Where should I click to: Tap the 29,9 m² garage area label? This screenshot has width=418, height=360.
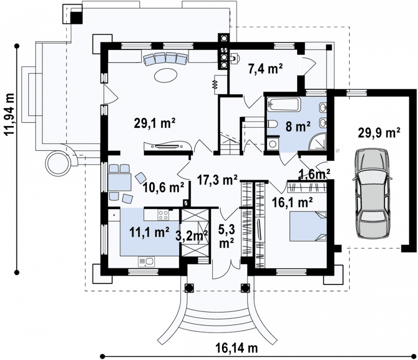pyautogui.click(x=379, y=133)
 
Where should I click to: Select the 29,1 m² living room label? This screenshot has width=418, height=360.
pyautogui.click(x=155, y=123)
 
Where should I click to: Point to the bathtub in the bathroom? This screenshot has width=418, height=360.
pyautogui.click(x=284, y=104)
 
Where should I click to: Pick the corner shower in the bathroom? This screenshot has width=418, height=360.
pyautogui.click(x=318, y=141)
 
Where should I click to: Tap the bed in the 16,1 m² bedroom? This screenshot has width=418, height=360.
pyautogui.click(x=308, y=226)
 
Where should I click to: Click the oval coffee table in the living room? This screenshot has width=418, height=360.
pyautogui.click(x=165, y=75)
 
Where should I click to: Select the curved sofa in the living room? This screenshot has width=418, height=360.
pyautogui.click(x=165, y=59)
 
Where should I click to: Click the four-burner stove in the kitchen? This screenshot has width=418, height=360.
pyautogui.click(x=163, y=215)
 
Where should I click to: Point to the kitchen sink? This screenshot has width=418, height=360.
pyautogui.click(x=146, y=262)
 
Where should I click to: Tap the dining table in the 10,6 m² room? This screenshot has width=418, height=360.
pyautogui.click(x=119, y=182)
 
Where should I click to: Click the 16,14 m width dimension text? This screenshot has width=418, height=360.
pyautogui.click(x=236, y=348)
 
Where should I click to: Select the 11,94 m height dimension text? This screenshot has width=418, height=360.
pyautogui.click(x=10, y=114)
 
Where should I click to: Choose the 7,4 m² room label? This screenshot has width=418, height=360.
pyautogui.click(x=265, y=69)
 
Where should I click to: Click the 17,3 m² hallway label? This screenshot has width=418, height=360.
pyautogui.click(x=217, y=180)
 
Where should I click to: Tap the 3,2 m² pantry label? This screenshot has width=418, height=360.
pyautogui.click(x=192, y=235)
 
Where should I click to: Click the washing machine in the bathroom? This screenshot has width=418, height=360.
pyautogui.click(x=273, y=144)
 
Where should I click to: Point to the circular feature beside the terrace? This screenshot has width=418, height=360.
pyautogui.click(x=58, y=163)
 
